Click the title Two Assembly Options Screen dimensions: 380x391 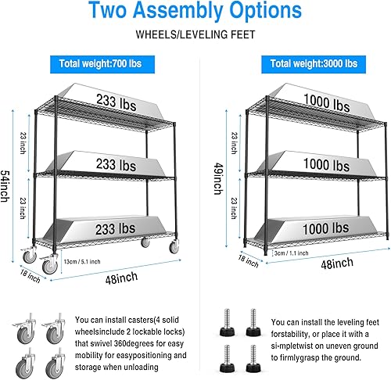195,11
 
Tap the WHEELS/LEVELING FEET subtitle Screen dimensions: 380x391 195,35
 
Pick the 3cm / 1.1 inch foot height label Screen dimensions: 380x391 289,253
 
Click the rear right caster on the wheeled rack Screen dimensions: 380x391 145,242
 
